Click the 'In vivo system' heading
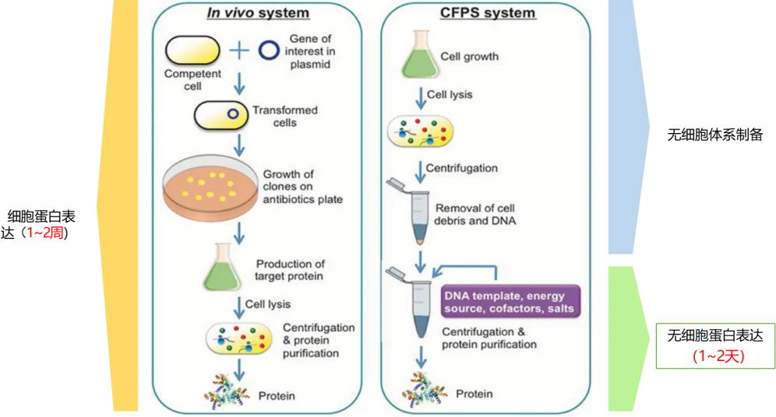coord(257,13)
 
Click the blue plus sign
coord(239,51)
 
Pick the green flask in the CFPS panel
coord(420,55)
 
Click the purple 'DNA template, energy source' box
coord(509,303)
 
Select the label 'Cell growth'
coord(470,57)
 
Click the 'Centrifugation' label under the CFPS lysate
coord(461,168)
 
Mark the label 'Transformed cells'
coord(285,117)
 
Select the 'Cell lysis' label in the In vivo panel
coord(267,304)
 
